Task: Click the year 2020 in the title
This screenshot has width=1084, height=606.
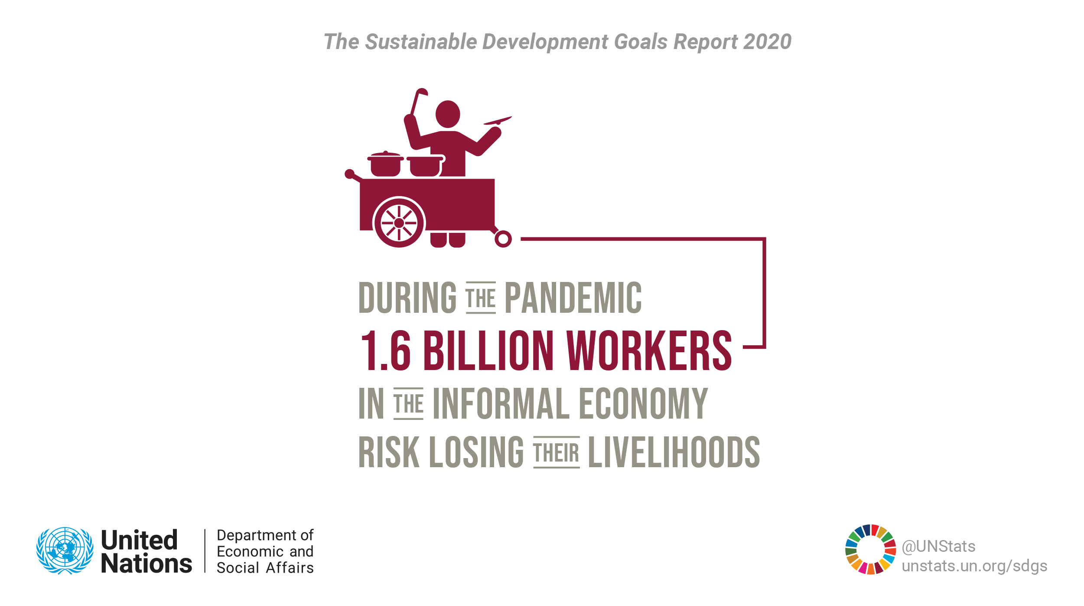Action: click(767, 42)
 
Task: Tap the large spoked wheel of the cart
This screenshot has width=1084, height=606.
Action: click(399, 223)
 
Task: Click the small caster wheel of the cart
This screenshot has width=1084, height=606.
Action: click(503, 239)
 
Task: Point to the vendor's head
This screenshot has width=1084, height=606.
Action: click(448, 114)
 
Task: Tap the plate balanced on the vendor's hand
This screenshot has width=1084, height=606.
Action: click(498, 120)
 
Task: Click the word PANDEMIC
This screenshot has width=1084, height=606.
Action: click(573, 298)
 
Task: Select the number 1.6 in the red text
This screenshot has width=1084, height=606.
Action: click(385, 351)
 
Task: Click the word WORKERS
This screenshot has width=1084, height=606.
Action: click(649, 351)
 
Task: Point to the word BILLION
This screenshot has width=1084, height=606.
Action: click(488, 351)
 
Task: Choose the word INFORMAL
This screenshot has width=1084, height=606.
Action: click(501, 404)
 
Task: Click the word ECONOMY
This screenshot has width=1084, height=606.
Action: click(644, 404)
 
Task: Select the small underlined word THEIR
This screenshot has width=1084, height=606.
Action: click(557, 452)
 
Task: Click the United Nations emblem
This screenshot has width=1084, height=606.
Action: click(65, 551)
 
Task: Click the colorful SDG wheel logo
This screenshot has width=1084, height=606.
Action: click(870, 550)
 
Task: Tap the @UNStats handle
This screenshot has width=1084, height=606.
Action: click(939, 547)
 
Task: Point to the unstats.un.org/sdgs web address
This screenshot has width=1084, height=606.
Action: click(974, 566)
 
